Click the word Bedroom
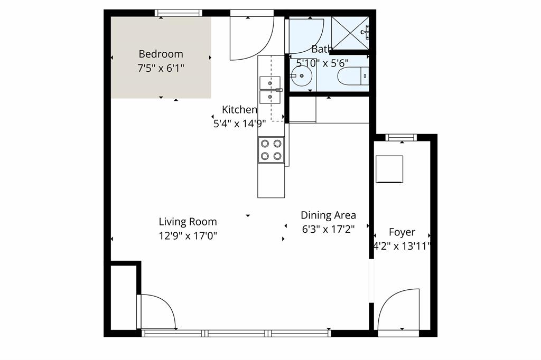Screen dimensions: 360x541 coord(161,54)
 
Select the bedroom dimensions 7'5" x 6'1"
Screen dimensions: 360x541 coord(161,68)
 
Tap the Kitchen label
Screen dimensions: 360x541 coord(239,110)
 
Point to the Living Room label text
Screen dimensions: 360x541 coord(188,222)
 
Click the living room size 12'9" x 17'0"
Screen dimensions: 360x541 coord(188,235)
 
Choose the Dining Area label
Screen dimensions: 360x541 coord(328,215)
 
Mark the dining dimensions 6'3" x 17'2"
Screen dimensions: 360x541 coord(328,229)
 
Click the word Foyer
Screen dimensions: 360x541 coord(402,232)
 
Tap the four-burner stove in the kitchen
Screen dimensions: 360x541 coord(270,149)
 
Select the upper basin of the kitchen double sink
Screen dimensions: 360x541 coord(269,83)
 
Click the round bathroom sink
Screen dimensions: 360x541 coord(301,76)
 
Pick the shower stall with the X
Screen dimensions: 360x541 coord(349,33)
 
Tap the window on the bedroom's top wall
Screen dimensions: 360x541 coord(178,13)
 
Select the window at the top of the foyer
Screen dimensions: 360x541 coord(401,138)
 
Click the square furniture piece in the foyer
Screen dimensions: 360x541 coord(389,169)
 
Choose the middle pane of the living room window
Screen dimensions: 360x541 coord(237,333)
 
